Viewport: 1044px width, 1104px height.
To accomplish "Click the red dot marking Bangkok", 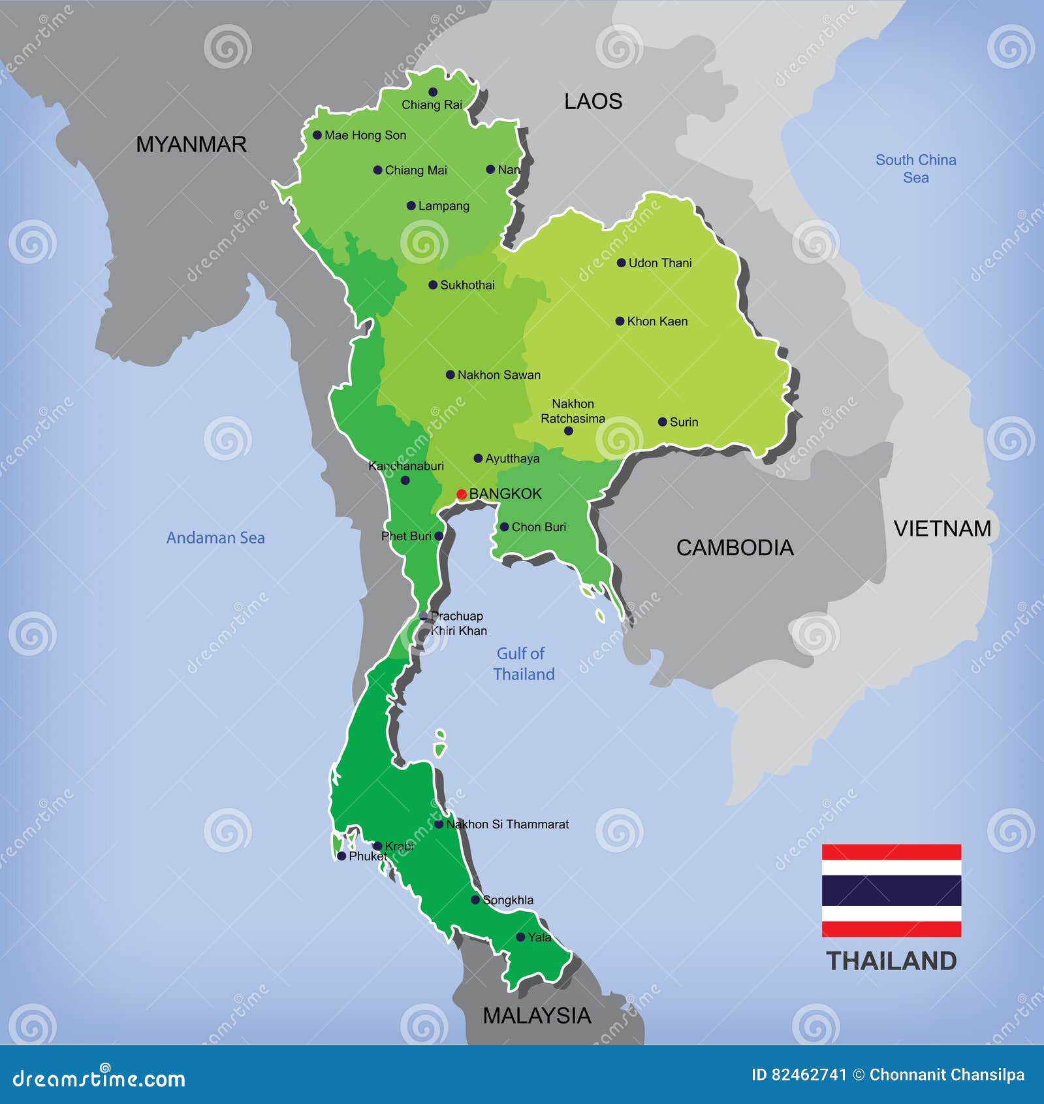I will (x=461, y=494).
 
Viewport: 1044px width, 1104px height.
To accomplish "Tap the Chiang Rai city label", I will (x=432, y=105).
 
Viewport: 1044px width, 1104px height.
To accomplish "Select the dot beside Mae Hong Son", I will (x=317, y=135).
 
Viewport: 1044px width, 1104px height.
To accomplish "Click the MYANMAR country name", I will (x=191, y=144).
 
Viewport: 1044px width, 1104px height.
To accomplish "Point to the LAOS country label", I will (x=593, y=101).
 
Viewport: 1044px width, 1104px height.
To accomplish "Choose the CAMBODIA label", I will (x=735, y=547).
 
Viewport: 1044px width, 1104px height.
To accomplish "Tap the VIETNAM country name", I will (x=941, y=528).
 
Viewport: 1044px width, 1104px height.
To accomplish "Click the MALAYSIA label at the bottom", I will (x=537, y=1015).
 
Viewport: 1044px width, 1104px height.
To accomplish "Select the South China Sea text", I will (x=915, y=169).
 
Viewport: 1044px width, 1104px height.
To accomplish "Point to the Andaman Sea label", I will (x=215, y=538).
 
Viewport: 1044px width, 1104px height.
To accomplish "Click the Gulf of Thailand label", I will (x=524, y=664).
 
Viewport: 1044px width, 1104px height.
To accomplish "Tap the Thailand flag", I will (x=891, y=890).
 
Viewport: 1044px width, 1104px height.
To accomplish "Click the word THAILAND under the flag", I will (x=891, y=961).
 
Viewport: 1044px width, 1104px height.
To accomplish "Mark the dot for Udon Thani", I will (x=621, y=263).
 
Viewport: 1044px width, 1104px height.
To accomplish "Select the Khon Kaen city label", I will (x=657, y=321).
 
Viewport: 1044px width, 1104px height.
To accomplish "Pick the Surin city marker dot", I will (x=662, y=422).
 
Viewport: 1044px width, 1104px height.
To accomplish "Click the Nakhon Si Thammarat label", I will (x=507, y=824).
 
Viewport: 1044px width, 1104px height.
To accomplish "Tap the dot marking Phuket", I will (x=341, y=856).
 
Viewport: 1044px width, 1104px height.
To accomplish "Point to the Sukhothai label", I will (x=467, y=285).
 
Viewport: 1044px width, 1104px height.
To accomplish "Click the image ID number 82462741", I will (x=810, y=1075).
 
